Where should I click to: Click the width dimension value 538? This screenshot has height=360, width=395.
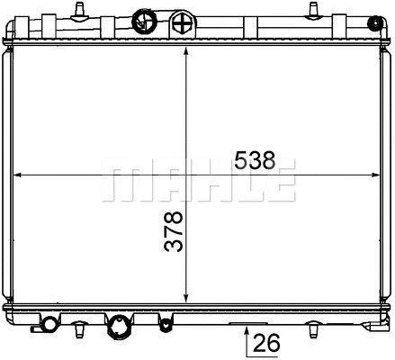[253, 161]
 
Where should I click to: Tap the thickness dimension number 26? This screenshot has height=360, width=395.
[267, 343]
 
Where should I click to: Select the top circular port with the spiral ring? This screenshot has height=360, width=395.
[144, 19]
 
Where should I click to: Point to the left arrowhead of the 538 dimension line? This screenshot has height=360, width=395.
[21, 175]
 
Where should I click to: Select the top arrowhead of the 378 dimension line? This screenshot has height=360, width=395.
[185, 51]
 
